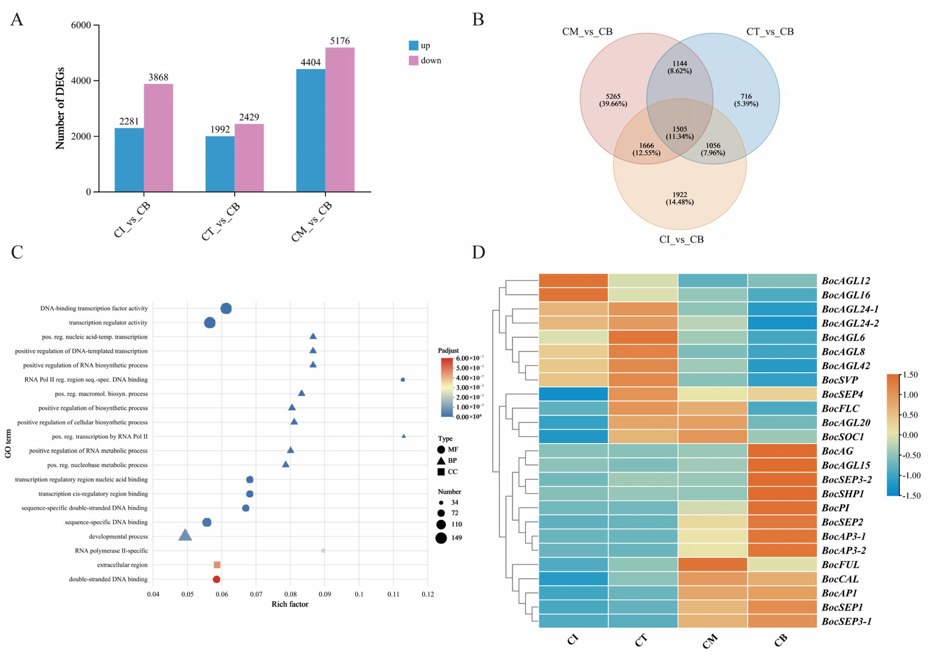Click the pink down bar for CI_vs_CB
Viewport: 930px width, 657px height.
[x=158, y=138]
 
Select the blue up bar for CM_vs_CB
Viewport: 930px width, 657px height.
[x=311, y=130]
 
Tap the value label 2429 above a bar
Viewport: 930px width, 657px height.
[x=249, y=117]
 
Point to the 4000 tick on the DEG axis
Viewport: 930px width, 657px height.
[x=81, y=81]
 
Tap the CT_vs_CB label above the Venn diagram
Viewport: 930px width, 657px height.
[x=770, y=32]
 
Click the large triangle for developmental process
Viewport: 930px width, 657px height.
[x=185, y=535]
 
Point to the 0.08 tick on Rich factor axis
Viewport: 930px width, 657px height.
[x=290, y=594]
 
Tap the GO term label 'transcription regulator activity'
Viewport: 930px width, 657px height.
[x=108, y=323]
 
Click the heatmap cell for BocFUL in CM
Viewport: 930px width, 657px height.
[x=713, y=565]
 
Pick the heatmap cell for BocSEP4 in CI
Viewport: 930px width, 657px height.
[x=573, y=394]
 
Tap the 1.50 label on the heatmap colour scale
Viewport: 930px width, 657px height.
[x=911, y=375]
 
